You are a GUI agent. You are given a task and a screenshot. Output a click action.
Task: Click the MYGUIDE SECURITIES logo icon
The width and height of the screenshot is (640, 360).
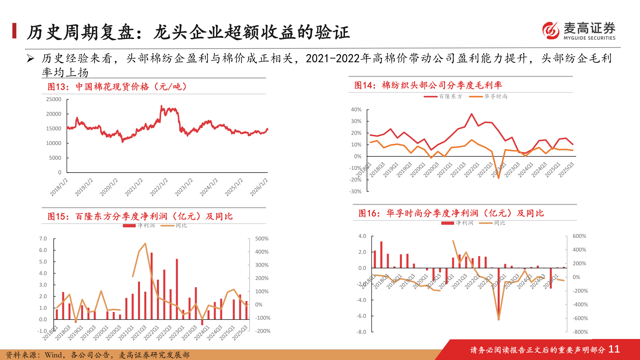tap(551, 30)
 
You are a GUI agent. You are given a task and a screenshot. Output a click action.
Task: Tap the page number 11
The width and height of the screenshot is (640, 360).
tap(614, 349)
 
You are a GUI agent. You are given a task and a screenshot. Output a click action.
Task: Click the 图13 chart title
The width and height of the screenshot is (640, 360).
tap(117, 87)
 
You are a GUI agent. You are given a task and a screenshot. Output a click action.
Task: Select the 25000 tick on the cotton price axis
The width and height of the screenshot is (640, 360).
tap(54, 99)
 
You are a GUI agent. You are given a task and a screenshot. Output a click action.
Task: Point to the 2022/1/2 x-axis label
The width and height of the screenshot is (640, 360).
tap(159, 187)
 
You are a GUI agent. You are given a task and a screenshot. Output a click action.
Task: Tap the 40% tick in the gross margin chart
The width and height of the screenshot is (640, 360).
tap(356, 109)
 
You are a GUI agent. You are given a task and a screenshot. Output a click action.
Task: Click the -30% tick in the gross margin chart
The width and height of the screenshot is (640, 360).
tap(355, 191)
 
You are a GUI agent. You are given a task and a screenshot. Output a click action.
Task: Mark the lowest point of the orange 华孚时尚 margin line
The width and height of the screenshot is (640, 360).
tap(499, 178)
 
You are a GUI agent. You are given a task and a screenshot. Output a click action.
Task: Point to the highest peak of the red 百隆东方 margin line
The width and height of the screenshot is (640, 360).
tap(472, 114)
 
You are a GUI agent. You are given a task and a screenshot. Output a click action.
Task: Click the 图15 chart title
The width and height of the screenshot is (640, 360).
tap(140, 216)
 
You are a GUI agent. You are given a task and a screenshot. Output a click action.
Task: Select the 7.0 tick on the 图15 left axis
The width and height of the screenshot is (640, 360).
tap(43, 239)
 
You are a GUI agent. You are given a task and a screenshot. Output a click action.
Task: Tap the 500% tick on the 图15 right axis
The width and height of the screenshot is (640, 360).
tap(262, 239)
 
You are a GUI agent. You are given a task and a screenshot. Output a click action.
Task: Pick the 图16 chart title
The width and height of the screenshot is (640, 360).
tap(451, 213)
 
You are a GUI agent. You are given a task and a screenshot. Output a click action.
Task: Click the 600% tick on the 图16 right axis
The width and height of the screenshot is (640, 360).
tap(579, 236)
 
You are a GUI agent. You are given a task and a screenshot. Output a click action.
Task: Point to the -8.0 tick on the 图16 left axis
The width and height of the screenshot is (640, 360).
tap(362, 332)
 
